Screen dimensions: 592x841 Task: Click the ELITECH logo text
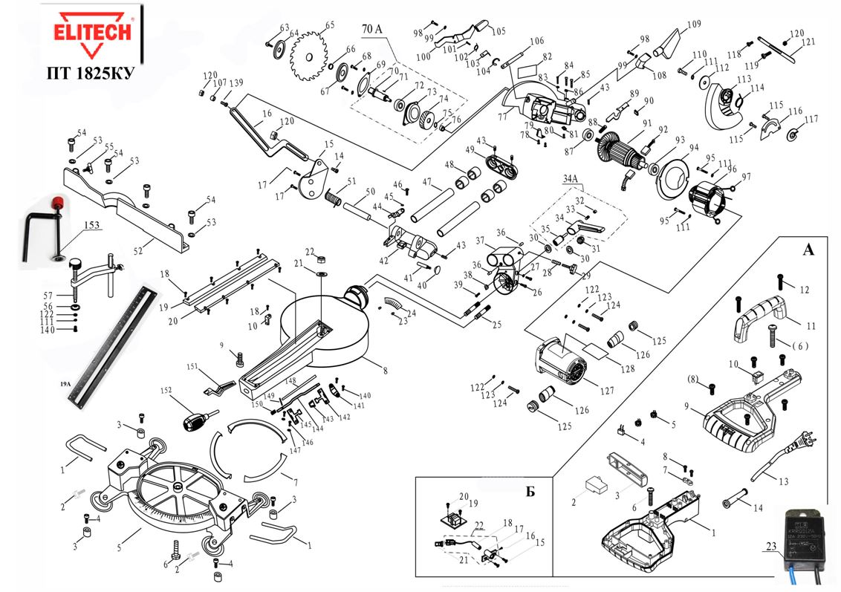tap(92, 32)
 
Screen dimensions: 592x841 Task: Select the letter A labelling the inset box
tap(808, 250)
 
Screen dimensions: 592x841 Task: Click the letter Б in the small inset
tap(530, 491)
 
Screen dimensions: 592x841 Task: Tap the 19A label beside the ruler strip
tap(65, 384)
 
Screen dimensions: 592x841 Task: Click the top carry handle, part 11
tap(760, 314)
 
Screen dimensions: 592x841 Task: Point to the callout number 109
tap(693, 24)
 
